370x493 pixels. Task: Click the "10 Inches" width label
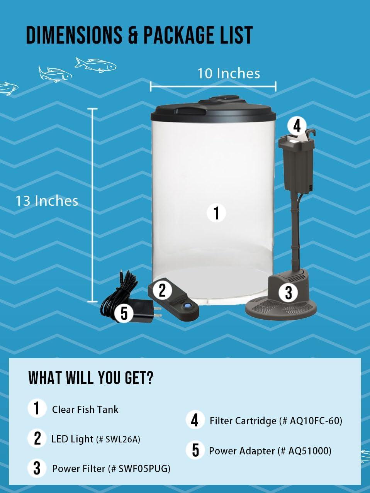click(x=229, y=73)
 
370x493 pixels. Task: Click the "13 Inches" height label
click(x=47, y=201)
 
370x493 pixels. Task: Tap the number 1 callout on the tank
click(x=216, y=213)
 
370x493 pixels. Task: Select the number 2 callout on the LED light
click(x=162, y=290)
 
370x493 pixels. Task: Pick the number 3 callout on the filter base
click(x=288, y=292)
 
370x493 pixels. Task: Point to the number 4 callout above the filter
click(x=297, y=125)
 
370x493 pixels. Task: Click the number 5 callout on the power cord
click(x=124, y=313)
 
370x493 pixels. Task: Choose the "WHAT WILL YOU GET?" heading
click(x=91, y=378)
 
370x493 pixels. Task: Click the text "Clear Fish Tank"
click(x=85, y=409)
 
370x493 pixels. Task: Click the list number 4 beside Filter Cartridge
click(x=195, y=420)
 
